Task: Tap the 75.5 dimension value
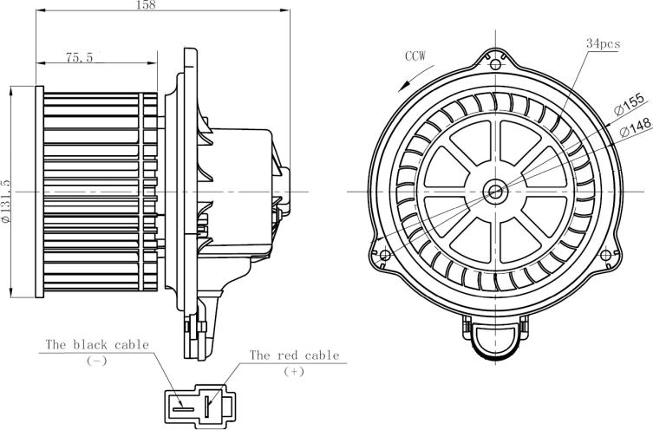tap(79, 57)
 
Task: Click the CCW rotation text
tap(415, 56)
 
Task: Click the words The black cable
tap(97, 344)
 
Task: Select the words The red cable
tap(294, 355)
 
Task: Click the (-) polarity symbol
tap(96, 360)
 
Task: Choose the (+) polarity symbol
tap(294, 371)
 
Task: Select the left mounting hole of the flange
tap(385, 255)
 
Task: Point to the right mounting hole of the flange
tap(606, 255)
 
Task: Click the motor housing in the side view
tap(243, 191)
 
